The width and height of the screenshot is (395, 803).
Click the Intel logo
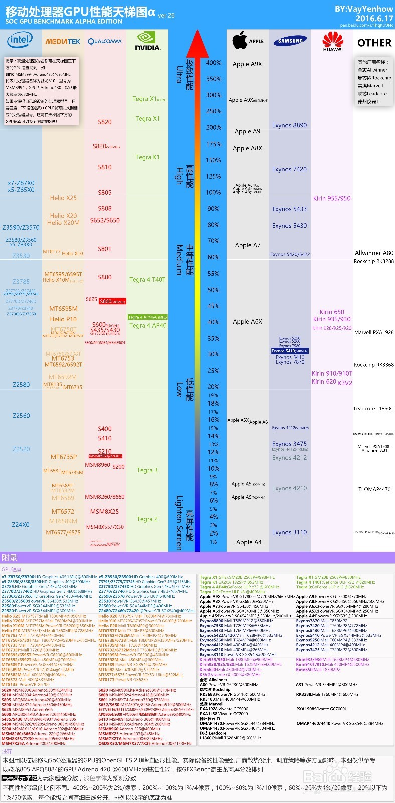click(20, 40)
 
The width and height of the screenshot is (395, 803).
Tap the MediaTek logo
click(63, 41)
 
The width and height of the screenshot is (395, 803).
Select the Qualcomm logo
click(104, 41)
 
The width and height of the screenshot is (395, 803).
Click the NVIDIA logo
click(148, 41)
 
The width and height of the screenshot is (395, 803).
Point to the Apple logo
click(241, 40)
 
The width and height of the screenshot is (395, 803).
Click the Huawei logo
click(333, 41)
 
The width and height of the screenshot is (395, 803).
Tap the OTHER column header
click(374, 43)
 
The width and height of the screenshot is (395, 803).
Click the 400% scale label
click(214, 63)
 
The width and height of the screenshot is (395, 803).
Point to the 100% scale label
click(214, 192)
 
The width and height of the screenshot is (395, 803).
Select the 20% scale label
click(214, 387)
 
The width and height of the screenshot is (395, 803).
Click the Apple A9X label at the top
click(247, 64)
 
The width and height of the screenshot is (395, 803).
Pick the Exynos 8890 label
click(290, 125)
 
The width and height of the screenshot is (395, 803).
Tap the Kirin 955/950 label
click(332, 198)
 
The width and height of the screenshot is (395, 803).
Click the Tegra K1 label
click(147, 157)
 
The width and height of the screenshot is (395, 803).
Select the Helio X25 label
click(63, 198)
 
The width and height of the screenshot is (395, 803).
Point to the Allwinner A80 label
click(374, 253)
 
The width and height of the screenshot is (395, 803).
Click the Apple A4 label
click(249, 542)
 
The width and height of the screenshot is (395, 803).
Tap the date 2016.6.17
click(374, 18)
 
